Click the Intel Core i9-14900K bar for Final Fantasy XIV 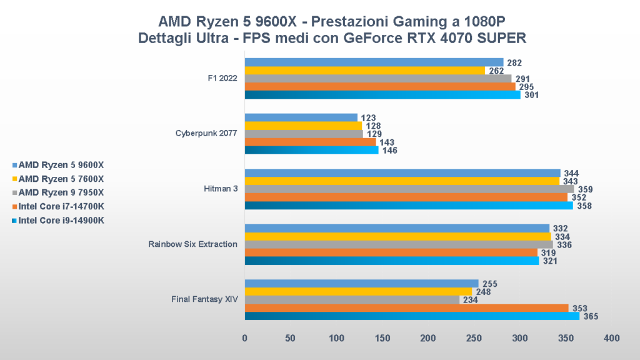point(412,316)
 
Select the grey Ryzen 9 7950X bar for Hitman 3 point(409,189)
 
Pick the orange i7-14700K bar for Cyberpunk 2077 point(310,142)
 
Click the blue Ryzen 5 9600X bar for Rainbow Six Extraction point(397,228)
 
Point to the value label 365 point(591,317)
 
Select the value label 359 point(585,189)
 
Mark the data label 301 point(531,96)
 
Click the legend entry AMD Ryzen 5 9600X point(61,166)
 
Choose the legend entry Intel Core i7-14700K point(61,206)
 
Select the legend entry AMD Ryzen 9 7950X point(61,192)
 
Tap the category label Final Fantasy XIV point(204,299)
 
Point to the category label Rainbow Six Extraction point(192,244)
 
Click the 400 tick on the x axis point(612,338)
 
